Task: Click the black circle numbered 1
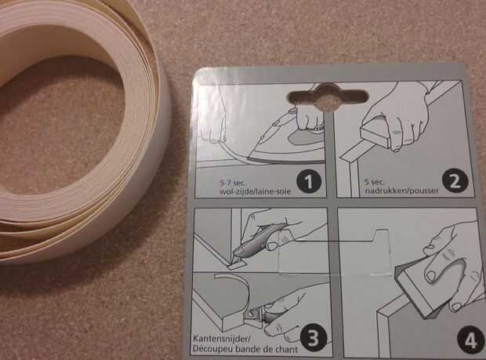pyautogui.click(x=309, y=180)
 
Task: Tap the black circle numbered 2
pyautogui.click(x=455, y=180)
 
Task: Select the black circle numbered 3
pyautogui.click(x=313, y=338)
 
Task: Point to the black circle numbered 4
pyautogui.click(x=470, y=340)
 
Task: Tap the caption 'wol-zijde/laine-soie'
pyautogui.click(x=255, y=191)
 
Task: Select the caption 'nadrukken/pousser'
pyautogui.click(x=402, y=191)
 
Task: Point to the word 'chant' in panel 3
pyautogui.click(x=286, y=350)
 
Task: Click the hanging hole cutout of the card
pyautogui.click(x=328, y=97)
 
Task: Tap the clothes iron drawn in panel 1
pyautogui.click(x=284, y=143)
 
